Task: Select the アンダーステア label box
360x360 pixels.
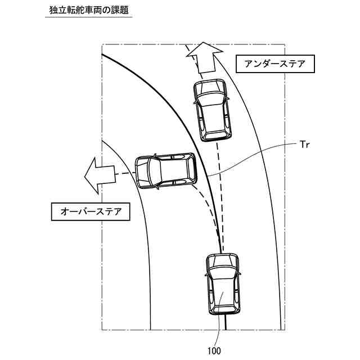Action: pyautogui.click(x=275, y=64)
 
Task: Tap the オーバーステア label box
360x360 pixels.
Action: pyautogui.click(x=87, y=212)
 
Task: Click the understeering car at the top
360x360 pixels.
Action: pyautogui.click(x=211, y=109)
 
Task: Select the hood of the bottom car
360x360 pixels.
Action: pyautogui.click(x=223, y=263)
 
